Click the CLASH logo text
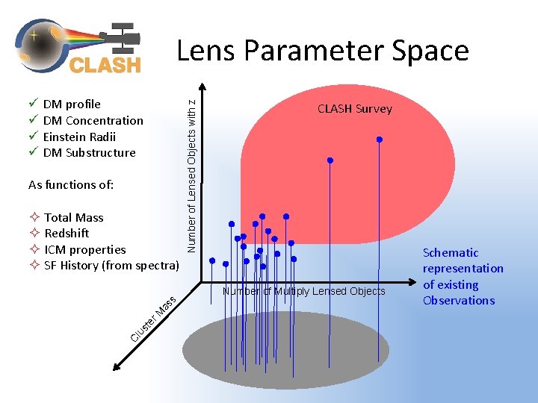coord(105,65)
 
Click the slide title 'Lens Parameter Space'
coord(322,51)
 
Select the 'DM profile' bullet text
coord(72,104)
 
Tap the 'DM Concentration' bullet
coord(93,120)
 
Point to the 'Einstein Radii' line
coord(79,137)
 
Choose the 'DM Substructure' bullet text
coord(89,153)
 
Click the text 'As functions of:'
coord(71,184)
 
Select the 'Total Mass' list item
coord(73,217)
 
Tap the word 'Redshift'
coord(66,234)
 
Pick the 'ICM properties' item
coord(84,249)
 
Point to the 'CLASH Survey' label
coord(354,109)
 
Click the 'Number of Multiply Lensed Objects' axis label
coord(304,291)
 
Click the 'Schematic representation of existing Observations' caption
coord(463,276)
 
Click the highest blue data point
coord(380,140)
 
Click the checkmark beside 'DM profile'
coord(33,104)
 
